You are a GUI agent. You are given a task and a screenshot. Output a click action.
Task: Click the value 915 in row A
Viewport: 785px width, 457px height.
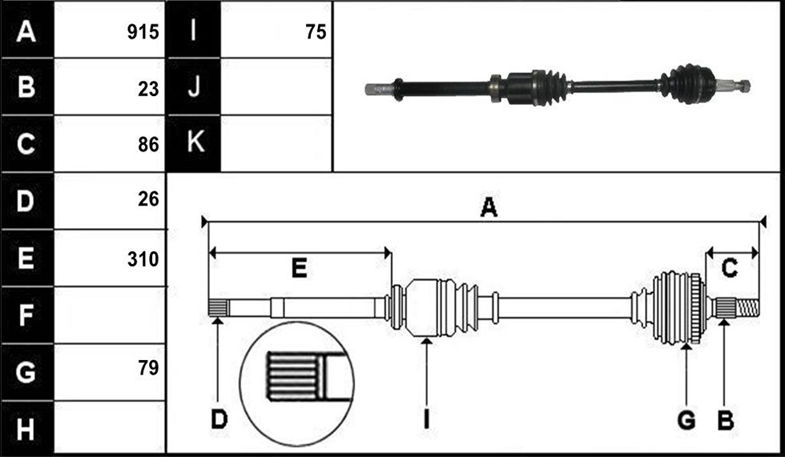pyautogui.click(x=143, y=32)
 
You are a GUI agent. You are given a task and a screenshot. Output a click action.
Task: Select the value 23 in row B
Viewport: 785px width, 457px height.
pyautogui.click(x=148, y=89)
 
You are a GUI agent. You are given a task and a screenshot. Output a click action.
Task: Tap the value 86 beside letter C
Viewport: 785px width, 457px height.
pyautogui.click(x=148, y=145)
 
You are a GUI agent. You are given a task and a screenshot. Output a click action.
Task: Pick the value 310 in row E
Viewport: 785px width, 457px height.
pyautogui.click(x=143, y=259)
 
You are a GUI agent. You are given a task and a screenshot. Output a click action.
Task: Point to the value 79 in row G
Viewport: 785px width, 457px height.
pyautogui.click(x=148, y=367)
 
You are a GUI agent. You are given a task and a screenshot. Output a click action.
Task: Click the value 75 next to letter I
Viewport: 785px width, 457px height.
pyautogui.click(x=316, y=32)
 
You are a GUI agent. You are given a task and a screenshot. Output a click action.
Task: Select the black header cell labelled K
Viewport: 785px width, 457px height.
pyautogui.click(x=193, y=143)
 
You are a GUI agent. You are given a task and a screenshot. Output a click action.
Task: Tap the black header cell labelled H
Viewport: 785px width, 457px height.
pyautogui.click(x=27, y=428)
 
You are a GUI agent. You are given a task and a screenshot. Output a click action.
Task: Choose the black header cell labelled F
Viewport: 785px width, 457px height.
pyautogui.click(x=27, y=315)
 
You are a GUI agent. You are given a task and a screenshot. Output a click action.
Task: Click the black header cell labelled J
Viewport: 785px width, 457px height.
pyautogui.click(x=193, y=86)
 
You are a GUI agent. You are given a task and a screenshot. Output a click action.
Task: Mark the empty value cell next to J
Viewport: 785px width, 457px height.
pyautogui.click(x=276, y=86)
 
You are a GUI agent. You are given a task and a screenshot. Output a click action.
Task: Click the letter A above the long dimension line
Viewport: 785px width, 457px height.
pyautogui.click(x=489, y=207)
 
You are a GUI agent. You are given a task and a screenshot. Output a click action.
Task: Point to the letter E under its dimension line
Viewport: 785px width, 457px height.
pyautogui.click(x=300, y=268)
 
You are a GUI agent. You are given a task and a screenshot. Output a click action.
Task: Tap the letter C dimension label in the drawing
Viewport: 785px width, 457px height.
pyautogui.click(x=730, y=268)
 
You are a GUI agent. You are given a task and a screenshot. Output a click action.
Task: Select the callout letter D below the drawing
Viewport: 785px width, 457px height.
pyautogui.click(x=219, y=419)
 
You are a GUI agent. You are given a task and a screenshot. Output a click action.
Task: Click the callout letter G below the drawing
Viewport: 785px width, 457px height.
pyautogui.click(x=686, y=420)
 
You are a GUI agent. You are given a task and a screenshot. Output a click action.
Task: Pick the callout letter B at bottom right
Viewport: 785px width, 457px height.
pyautogui.click(x=726, y=420)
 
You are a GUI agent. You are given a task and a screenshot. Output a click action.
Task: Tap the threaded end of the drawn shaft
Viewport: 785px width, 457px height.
pyautogui.click(x=747, y=307)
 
